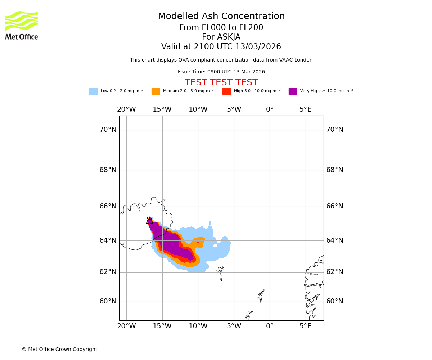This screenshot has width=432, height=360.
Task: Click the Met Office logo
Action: pos(22,25)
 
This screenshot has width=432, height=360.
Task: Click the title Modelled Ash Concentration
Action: pos(221,17)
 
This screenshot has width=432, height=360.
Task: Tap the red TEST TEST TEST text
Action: pos(221,83)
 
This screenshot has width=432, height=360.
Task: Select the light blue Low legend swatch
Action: pos(93,91)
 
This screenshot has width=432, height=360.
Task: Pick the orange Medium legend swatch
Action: pos(156,91)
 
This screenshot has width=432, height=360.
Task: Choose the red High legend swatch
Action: pos(226,91)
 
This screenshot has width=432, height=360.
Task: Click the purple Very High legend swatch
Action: pos(293,91)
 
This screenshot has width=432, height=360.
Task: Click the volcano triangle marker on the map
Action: pos(149,220)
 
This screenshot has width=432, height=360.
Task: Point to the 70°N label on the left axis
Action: pos(108,130)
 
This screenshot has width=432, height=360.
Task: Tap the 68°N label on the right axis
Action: pos(335,170)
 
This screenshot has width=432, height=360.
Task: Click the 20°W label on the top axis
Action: pos(126,109)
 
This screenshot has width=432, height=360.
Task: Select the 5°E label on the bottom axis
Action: pos(306,326)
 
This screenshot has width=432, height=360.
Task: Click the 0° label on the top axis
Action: pos(270,109)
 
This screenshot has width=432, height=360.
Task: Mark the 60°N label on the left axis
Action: pos(108,301)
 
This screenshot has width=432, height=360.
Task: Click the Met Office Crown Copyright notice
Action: pos(59,350)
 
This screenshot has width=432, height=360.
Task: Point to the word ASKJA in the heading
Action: pos(221,37)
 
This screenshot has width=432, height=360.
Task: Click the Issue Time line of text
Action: pos(221,72)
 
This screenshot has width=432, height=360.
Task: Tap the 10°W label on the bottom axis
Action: pos(198,326)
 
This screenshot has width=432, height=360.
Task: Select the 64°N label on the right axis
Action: pos(335,240)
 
